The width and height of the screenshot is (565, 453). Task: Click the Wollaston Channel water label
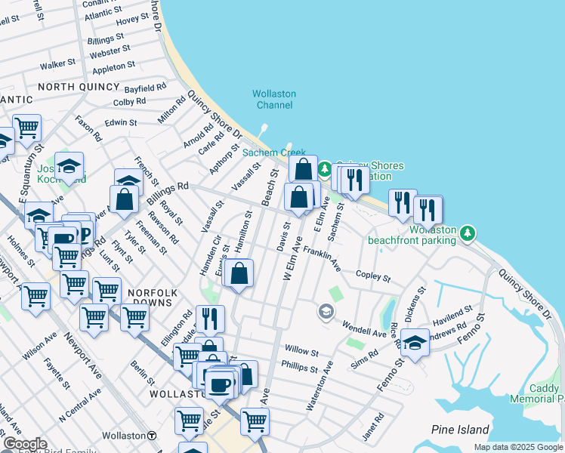pyautogui.click(x=273, y=99)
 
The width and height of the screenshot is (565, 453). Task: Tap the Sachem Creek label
pyautogui.click(x=273, y=153)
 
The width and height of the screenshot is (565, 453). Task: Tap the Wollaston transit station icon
pyautogui.click(x=152, y=436)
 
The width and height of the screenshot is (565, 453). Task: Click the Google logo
pyautogui.click(x=25, y=443)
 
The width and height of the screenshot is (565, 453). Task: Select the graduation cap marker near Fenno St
pyautogui.click(x=415, y=342)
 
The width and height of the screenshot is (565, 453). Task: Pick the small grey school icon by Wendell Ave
pyautogui.click(x=326, y=311)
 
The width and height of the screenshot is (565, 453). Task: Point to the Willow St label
pyautogui.click(x=301, y=351)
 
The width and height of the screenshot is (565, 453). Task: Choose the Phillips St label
pyautogui.click(x=299, y=368)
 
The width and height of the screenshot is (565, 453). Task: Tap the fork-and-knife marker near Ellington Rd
pyautogui.click(x=211, y=318)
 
